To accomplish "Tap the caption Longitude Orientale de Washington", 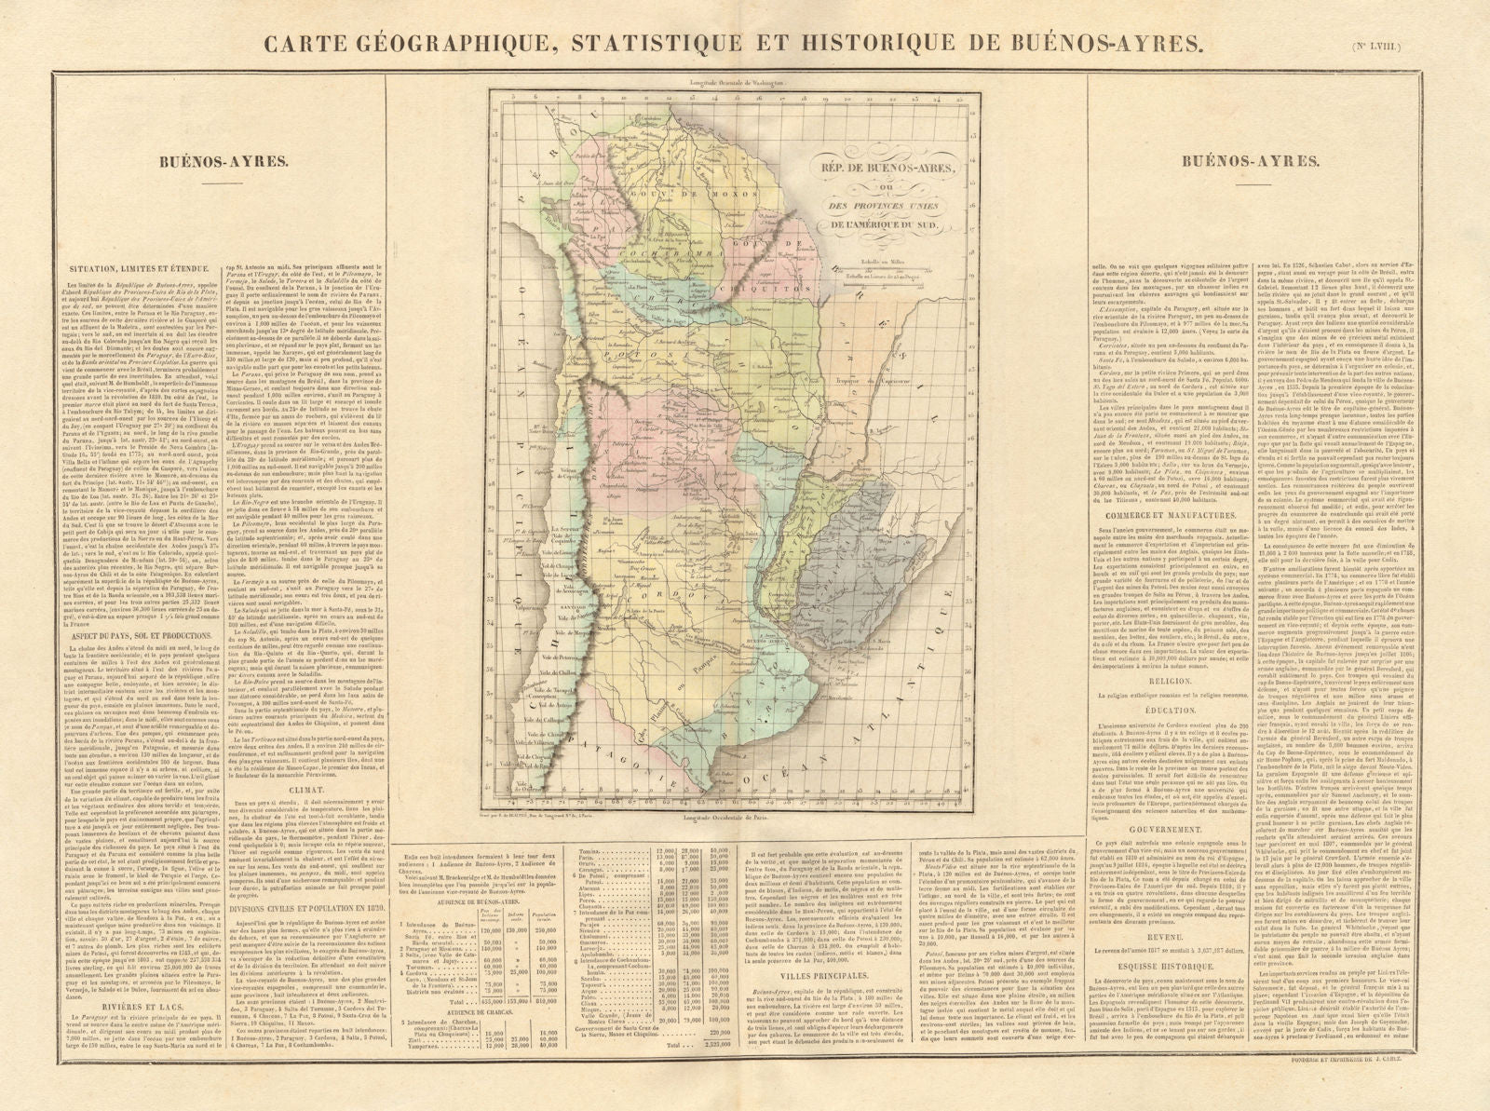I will (736, 83).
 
